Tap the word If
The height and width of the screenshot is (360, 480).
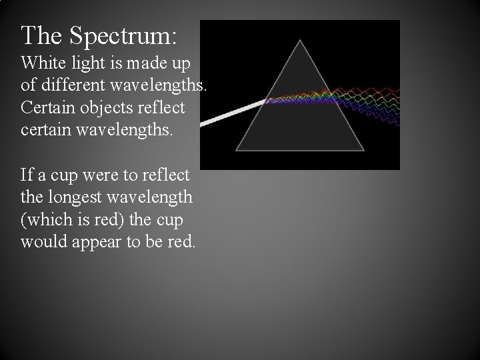click(x=27, y=175)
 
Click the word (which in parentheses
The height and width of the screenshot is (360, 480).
click(x=46, y=220)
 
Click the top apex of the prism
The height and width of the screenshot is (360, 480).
click(x=301, y=41)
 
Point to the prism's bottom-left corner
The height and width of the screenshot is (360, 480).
click(x=236, y=149)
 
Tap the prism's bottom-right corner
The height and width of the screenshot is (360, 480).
click(x=364, y=150)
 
